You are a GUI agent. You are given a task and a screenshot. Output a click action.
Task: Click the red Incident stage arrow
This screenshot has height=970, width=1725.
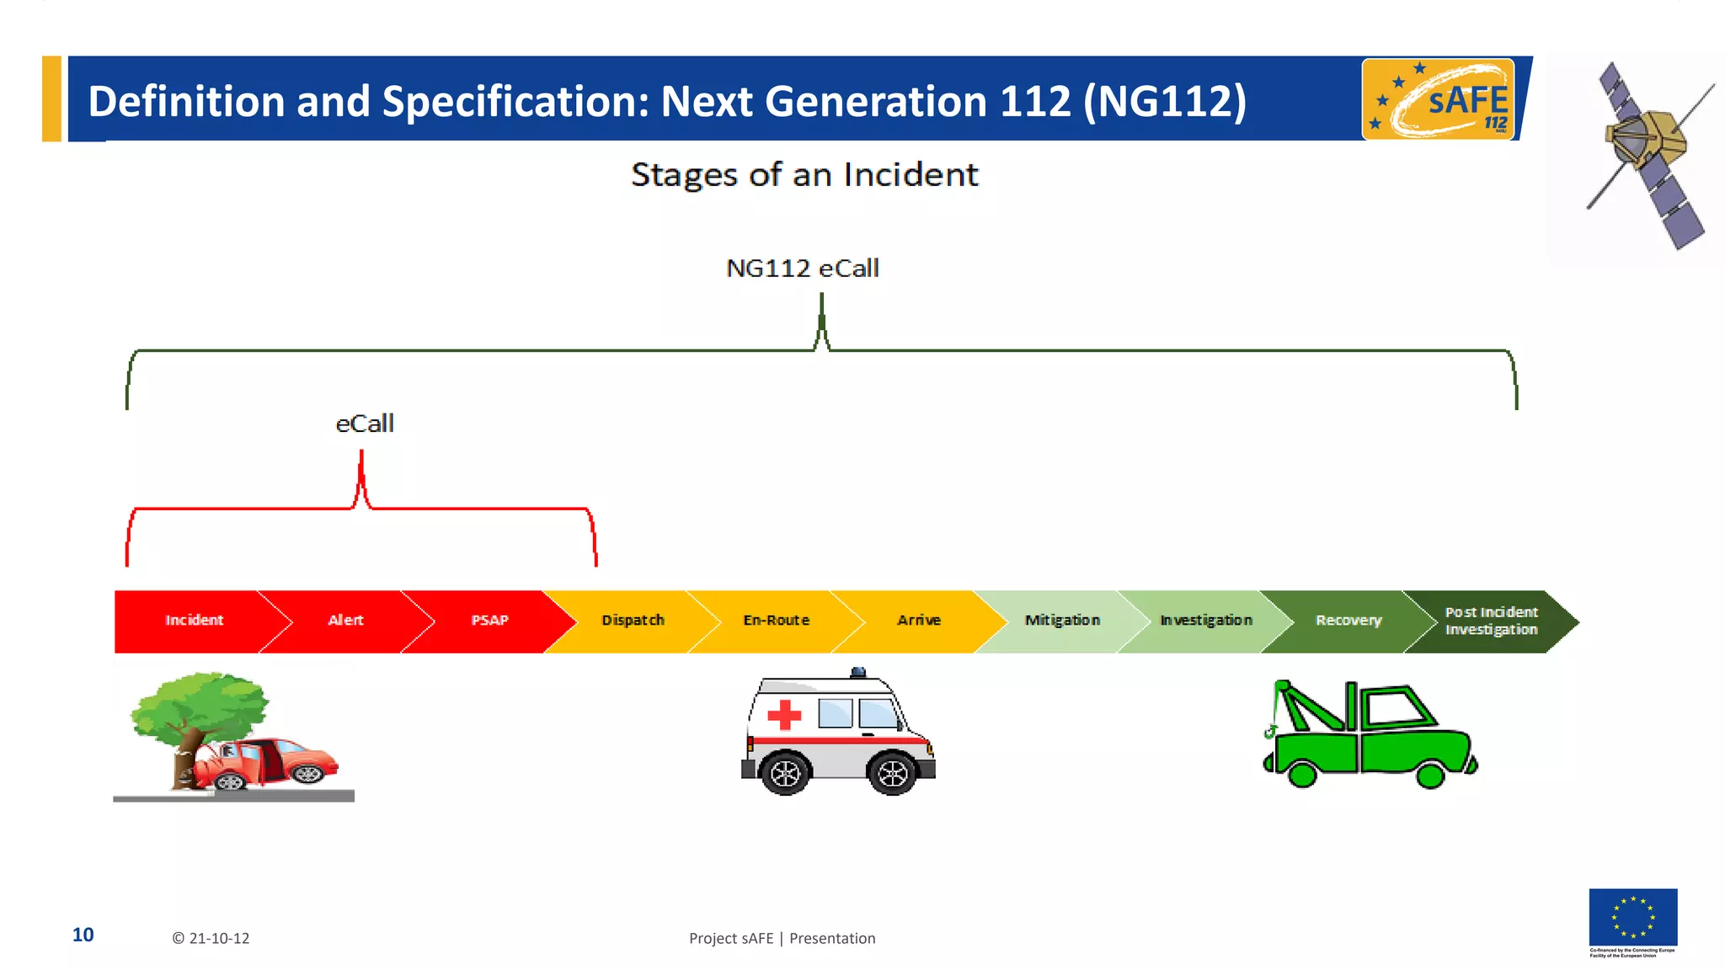pos(194,621)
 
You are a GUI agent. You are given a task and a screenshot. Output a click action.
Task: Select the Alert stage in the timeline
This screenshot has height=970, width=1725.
pos(345,621)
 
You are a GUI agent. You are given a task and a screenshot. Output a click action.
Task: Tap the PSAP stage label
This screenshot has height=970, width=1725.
pos(489,621)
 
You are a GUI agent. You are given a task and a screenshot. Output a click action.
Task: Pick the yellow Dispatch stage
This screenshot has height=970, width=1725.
pos(633,621)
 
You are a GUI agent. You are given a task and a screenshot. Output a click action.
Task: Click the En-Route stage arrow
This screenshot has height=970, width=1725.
pos(776,621)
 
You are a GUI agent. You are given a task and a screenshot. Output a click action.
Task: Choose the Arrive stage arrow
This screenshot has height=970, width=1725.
pos(919,621)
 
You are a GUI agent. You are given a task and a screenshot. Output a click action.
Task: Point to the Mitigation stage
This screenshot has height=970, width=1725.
pos(1062,621)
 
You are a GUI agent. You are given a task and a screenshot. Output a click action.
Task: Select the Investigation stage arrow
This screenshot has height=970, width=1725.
pos(1205,621)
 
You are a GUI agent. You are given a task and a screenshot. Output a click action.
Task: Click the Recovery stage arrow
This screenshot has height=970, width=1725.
pos(1348,621)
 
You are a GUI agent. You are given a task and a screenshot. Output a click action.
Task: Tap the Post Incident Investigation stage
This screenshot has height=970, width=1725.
pos(1491,621)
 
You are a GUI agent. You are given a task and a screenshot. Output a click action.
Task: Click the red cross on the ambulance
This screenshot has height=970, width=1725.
pos(784,715)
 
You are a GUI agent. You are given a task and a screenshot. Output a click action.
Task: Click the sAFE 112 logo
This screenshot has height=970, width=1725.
pos(1438,99)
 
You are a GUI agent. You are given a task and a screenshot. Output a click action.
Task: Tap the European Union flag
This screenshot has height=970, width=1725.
pos(1632,917)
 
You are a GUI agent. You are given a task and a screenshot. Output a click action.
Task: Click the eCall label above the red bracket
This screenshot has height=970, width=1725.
pos(365,424)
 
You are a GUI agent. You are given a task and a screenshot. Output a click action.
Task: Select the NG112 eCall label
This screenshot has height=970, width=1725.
pos(802,269)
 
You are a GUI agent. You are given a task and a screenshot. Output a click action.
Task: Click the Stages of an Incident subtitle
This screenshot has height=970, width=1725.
pos(804,175)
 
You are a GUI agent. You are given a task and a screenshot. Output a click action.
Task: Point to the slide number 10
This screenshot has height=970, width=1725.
pos(83,935)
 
